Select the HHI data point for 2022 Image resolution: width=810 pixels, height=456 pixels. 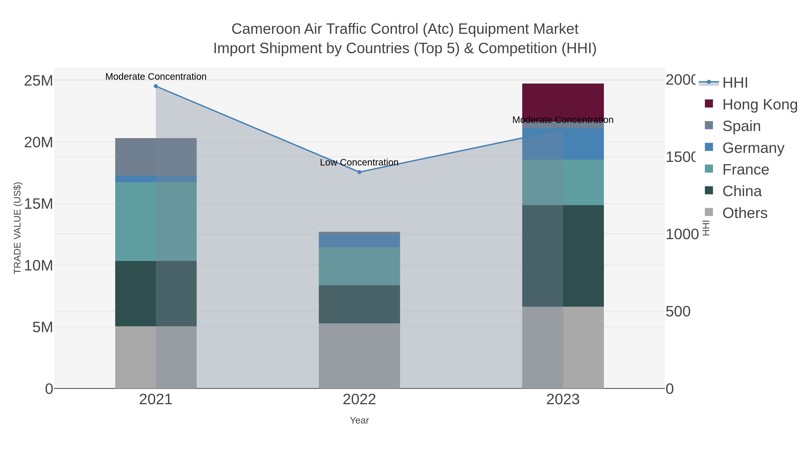click(x=359, y=172)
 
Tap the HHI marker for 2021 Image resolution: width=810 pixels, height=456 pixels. click(x=156, y=86)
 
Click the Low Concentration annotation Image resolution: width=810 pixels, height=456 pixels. click(x=359, y=162)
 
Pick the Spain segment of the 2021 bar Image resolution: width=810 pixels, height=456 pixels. click(x=156, y=157)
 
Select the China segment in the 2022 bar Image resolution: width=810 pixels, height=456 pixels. click(x=359, y=304)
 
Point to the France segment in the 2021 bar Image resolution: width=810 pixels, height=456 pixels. click(x=156, y=221)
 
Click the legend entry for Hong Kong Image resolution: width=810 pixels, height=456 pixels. click(x=759, y=104)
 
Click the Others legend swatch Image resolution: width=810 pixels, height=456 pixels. click(x=709, y=212)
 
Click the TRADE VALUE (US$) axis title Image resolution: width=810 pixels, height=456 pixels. click(x=18, y=228)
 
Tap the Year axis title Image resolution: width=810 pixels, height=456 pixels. click(x=359, y=420)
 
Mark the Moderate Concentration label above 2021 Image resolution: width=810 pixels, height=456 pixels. click(x=156, y=77)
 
